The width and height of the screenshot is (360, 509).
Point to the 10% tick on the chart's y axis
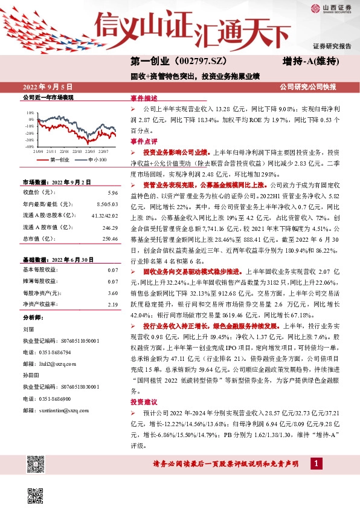coord(31,112)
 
